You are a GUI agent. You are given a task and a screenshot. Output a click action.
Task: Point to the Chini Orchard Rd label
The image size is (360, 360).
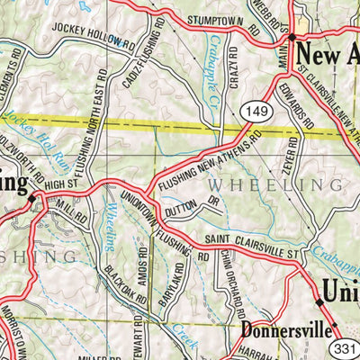[x=226, y=287]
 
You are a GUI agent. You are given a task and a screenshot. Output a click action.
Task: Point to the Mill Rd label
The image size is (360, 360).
[x=70, y=211]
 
